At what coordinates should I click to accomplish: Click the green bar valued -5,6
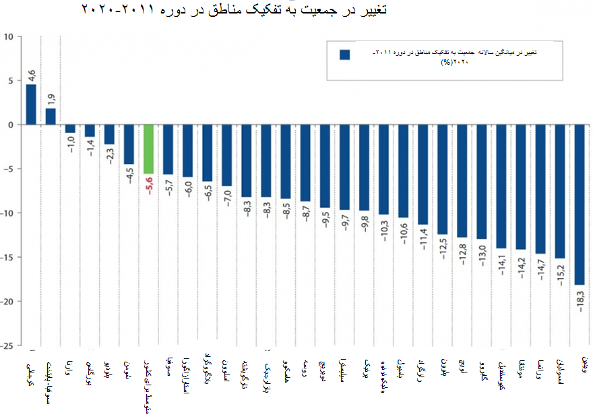tap(148, 149)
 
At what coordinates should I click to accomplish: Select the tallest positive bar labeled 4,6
tap(31, 105)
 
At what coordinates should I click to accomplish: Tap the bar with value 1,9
tap(51, 117)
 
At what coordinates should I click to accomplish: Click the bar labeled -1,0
tap(70, 129)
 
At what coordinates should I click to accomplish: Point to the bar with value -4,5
tap(129, 144)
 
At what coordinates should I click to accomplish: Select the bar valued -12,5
tap(442, 179)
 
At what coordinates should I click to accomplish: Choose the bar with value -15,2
tap(559, 192)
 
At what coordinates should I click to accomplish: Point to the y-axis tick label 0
tap(10, 125)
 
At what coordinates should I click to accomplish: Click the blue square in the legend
tap(344, 55)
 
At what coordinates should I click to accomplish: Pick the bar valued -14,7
tap(540, 189)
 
